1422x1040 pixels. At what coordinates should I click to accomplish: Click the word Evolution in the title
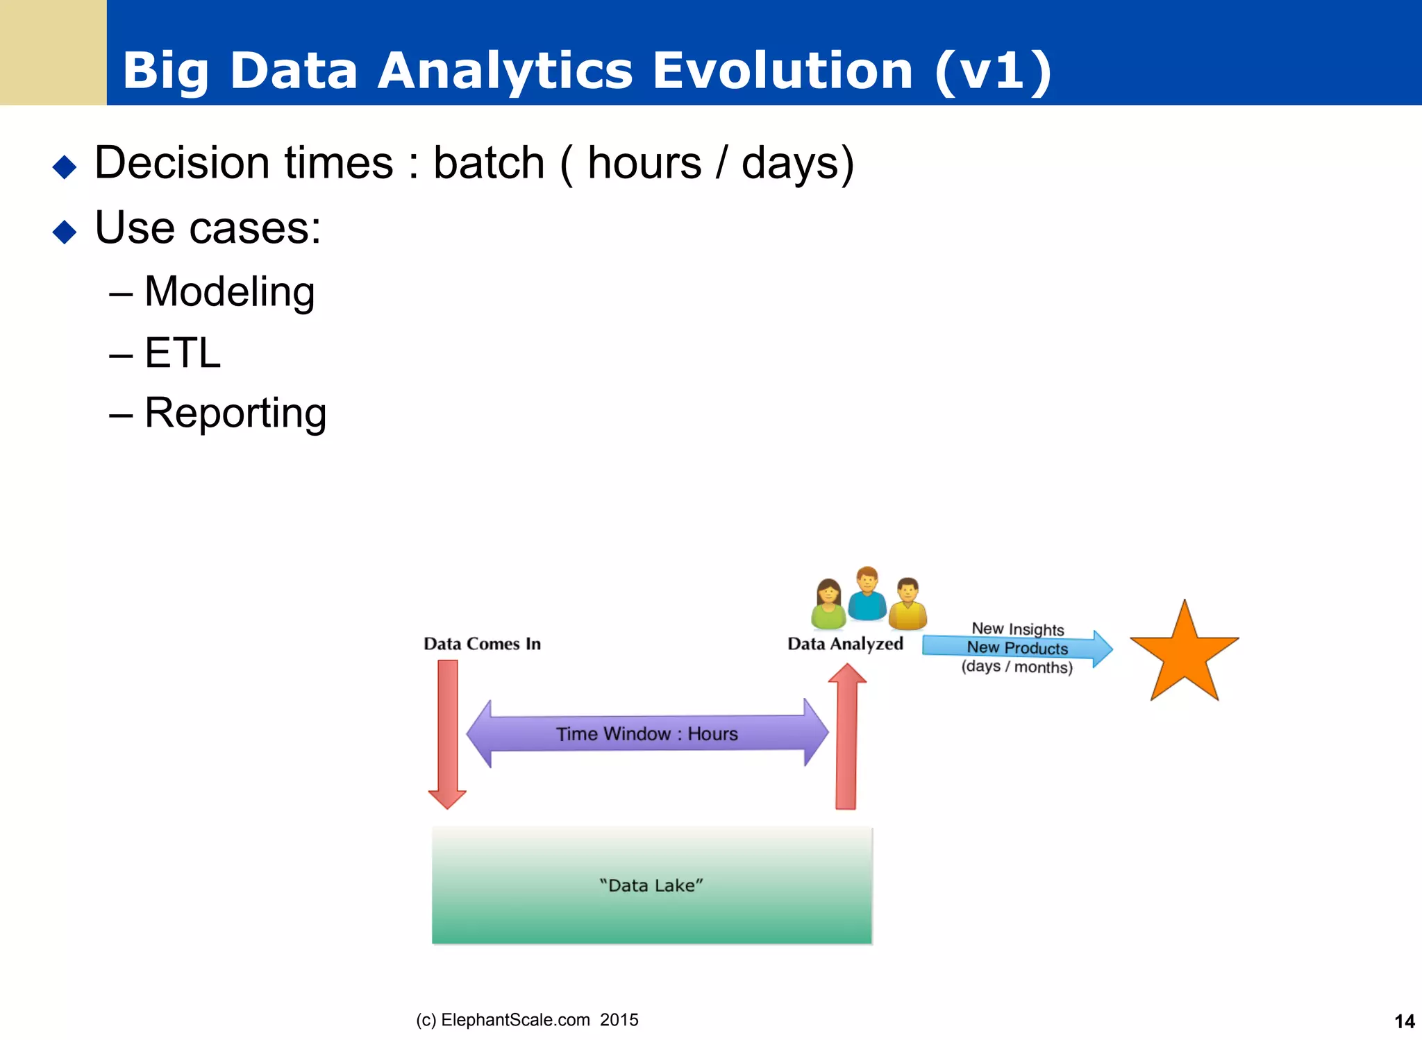click(783, 71)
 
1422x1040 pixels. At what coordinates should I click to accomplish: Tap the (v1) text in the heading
click(993, 71)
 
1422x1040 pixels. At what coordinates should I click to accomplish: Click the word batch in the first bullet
click(489, 164)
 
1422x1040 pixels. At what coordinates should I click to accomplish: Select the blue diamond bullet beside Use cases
click(65, 232)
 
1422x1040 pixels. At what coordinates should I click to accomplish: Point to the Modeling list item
click(229, 291)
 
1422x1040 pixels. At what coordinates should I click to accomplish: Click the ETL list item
click(182, 353)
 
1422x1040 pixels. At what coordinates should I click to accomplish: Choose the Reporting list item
click(235, 414)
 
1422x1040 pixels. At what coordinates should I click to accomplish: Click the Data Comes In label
click(482, 644)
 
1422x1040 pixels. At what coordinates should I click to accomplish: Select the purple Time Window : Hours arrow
click(647, 733)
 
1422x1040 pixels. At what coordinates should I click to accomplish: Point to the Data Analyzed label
click(845, 644)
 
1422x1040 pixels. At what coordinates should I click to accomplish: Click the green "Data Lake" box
click(651, 885)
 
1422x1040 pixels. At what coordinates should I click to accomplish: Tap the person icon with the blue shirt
click(867, 595)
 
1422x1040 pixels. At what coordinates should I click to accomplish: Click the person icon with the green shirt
click(828, 605)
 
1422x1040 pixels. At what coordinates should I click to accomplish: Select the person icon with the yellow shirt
click(907, 605)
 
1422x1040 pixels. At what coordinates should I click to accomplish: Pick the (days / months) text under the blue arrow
click(1017, 667)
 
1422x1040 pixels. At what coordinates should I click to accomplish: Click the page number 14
click(1404, 1021)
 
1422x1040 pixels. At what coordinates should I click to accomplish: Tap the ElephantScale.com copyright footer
click(527, 1020)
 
